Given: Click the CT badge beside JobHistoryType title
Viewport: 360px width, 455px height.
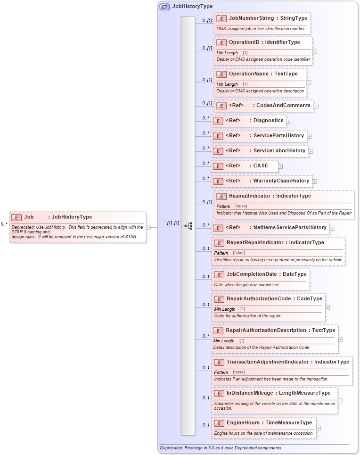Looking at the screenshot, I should (x=164, y=7).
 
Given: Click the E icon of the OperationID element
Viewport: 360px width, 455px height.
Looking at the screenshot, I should (x=221, y=42).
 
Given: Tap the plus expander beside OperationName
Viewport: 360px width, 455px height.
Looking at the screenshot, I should (x=309, y=83).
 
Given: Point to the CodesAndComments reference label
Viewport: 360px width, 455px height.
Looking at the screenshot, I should (x=283, y=106).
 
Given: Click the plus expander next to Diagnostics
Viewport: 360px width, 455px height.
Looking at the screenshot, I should (x=289, y=121).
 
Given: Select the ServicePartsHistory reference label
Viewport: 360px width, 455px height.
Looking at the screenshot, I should (x=278, y=136).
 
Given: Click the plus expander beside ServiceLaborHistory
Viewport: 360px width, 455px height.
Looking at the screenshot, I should (x=311, y=151).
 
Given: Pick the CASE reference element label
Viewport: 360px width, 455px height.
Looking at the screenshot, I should (x=261, y=166).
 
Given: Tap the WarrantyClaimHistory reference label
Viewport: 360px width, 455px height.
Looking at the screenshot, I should (x=281, y=181).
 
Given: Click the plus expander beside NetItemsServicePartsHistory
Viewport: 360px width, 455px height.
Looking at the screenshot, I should (x=332, y=228).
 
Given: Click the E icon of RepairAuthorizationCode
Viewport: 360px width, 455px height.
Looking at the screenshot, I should (x=219, y=299).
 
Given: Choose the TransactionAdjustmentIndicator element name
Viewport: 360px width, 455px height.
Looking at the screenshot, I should (x=267, y=362).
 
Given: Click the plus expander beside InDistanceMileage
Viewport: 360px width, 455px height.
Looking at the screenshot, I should (x=340, y=401).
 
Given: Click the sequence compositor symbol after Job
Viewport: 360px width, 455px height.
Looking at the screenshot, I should (x=188, y=226).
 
